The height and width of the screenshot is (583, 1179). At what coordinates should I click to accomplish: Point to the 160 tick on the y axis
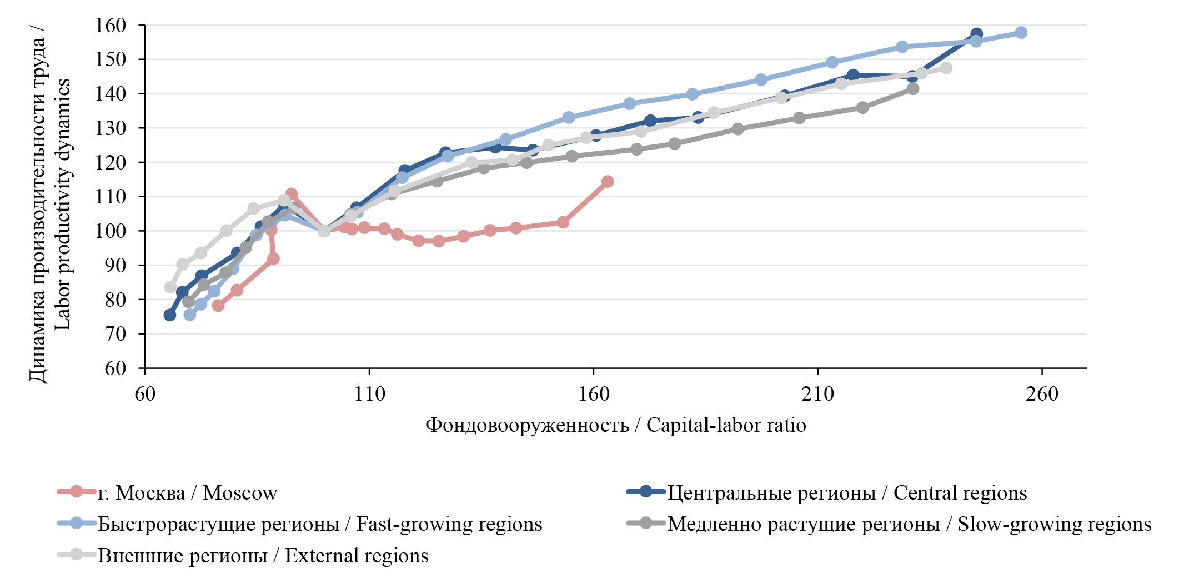(x=111, y=26)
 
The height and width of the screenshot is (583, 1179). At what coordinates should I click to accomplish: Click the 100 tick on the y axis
(x=111, y=231)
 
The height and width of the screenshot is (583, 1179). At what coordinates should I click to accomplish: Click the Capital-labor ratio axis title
(x=615, y=425)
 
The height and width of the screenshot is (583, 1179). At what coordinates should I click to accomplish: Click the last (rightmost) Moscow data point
(x=608, y=182)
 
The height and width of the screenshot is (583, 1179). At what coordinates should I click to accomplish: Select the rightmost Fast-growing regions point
(x=1021, y=33)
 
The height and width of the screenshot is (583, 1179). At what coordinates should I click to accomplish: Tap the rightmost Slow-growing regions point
(x=912, y=89)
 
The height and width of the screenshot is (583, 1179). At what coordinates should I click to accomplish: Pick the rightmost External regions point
(x=946, y=68)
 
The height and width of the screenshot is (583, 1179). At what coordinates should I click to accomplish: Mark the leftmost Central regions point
(x=170, y=315)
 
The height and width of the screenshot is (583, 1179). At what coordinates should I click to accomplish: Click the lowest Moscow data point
(x=218, y=306)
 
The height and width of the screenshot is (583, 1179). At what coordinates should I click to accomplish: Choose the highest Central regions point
(x=976, y=34)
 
